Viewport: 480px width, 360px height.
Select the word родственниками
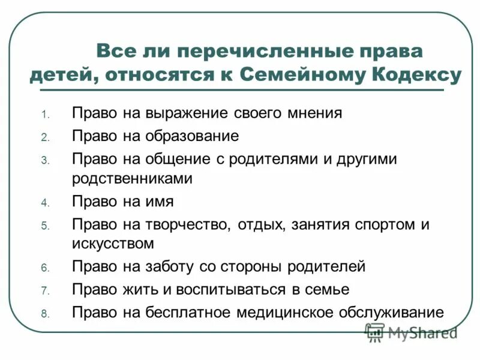point(132,178)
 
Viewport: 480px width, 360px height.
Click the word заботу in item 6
point(172,266)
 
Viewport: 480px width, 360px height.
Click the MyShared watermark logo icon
point(375,332)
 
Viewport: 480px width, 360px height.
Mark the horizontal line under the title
point(240,90)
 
